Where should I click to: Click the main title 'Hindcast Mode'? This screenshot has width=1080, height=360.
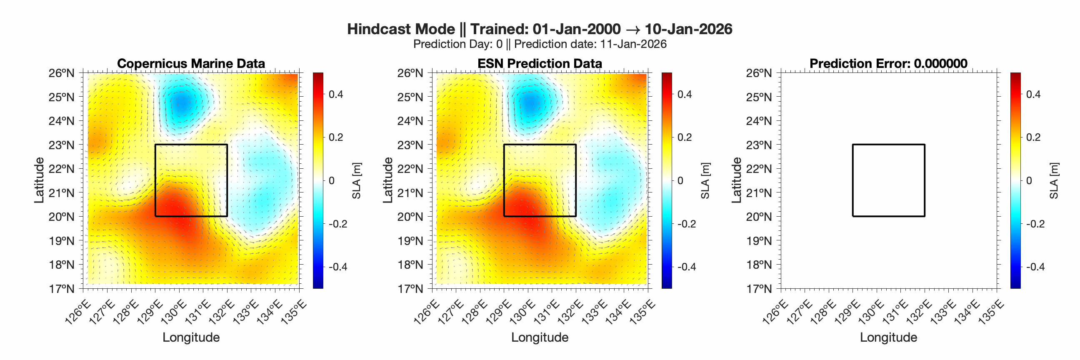(401, 29)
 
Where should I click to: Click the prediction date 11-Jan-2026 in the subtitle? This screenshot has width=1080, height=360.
(633, 44)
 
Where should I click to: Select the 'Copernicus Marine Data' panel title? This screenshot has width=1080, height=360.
(191, 63)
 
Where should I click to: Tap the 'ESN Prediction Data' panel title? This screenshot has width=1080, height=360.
(540, 63)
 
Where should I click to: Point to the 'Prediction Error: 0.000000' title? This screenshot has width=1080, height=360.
(888, 63)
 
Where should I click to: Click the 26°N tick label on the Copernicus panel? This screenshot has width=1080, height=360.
(61, 73)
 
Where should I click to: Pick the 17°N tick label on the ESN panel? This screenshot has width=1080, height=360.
(410, 289)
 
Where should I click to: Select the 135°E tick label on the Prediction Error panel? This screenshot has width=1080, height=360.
(992, 312)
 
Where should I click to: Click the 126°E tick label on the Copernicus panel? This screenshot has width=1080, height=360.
(78, 312)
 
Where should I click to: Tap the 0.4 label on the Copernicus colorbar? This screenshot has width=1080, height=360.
(336, 94)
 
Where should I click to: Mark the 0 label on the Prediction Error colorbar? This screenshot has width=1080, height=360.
(1029, 181)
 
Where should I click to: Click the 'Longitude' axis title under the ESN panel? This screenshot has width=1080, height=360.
(540, 337)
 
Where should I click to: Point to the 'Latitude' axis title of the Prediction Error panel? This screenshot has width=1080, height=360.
(737, 180)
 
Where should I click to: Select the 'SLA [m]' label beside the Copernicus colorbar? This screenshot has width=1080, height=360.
(356, 181)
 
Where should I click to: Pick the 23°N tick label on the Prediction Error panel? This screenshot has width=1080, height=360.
(759, 145)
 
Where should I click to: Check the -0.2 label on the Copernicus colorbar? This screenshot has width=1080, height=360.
(338, 224)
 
